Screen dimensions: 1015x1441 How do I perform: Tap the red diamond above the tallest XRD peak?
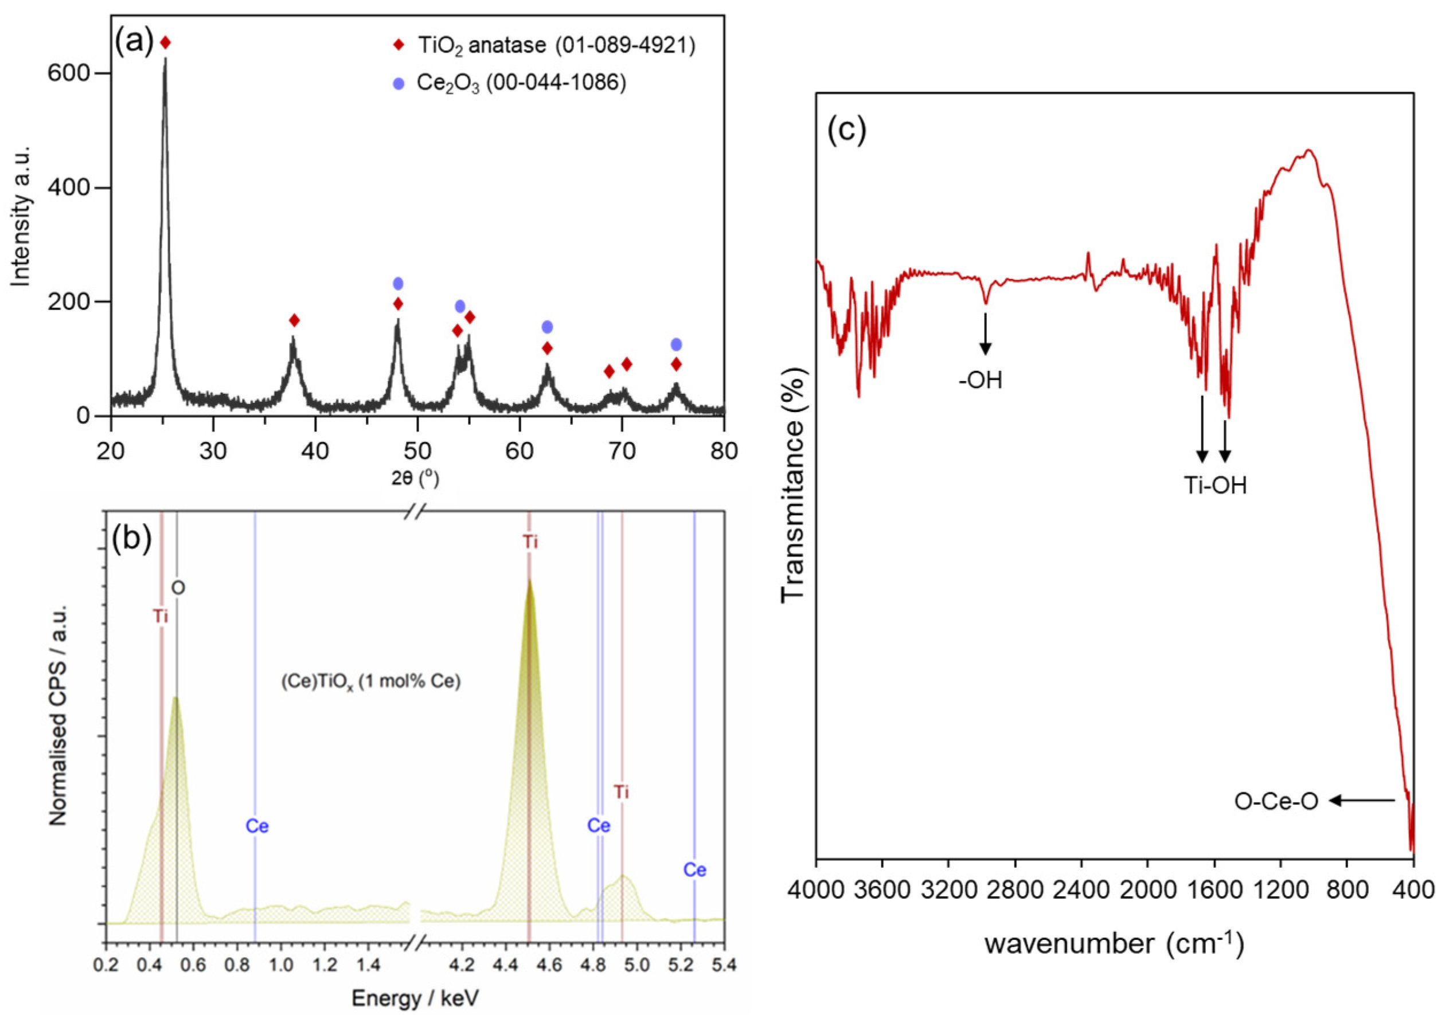click(165, 42)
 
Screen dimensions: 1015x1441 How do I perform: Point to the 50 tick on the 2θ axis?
click(417, 451)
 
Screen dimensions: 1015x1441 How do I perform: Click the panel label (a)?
click(134, 42)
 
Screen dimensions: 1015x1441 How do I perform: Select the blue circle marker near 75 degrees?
click(676, 344)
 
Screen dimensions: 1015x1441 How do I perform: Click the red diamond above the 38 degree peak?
click(294, 320)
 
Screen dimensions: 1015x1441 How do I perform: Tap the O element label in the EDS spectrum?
click(178, 588)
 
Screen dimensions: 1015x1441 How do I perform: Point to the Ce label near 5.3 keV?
click(695, 870)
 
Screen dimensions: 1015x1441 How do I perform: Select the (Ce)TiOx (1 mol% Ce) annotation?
click(371, 682)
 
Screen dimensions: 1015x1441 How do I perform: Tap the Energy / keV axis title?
click(415, 998)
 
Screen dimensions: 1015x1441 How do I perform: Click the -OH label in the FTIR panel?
click(981, 380)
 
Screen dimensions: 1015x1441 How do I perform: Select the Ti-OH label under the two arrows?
click(1215, 485)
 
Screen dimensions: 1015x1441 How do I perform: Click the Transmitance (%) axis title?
click(792, 487)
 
